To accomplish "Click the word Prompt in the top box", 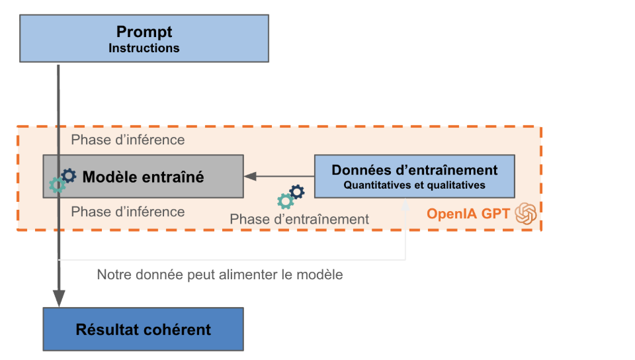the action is [x=144, y=32].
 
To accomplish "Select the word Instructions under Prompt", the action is [x=144, y=48].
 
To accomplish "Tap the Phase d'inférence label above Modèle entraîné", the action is [x=128, y=140].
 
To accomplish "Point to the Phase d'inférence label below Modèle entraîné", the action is [x=128, y=212].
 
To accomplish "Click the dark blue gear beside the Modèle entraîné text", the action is [x=69, y=175].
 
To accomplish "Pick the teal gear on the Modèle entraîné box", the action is [x=57, y=185].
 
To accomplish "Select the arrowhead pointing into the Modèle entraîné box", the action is [x=250, y=176].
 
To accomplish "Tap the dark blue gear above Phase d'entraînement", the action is [x=297, y=191].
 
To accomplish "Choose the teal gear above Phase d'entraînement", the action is [x=286, y=201].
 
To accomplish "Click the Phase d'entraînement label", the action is [x=299, y=219].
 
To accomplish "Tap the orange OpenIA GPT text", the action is [x=468, y=213].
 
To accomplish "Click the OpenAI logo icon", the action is [x=526, y=213].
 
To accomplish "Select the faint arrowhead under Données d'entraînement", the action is [x=405, y=205].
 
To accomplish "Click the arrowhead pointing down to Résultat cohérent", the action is [x=59, y=298].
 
